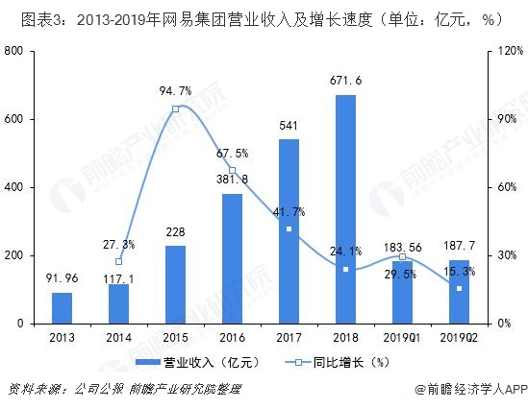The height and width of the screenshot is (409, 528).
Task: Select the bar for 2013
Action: (x=62, y=308)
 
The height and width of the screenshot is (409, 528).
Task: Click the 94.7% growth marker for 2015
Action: (x=175, y=109)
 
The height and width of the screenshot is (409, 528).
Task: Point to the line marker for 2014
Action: (x=118, y=261)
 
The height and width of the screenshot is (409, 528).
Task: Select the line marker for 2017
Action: (x=289, y=229)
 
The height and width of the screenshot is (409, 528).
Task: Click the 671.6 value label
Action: (x=345, y=80)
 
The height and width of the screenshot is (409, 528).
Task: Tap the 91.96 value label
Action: (x=62, y=279)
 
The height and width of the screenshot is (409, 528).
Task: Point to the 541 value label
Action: (x=289, y=125)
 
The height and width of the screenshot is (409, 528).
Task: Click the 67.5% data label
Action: (x=232, y=153)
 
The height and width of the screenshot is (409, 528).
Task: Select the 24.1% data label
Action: (x=345, y=253)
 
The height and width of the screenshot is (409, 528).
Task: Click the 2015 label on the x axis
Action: (x=175, y=337)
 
